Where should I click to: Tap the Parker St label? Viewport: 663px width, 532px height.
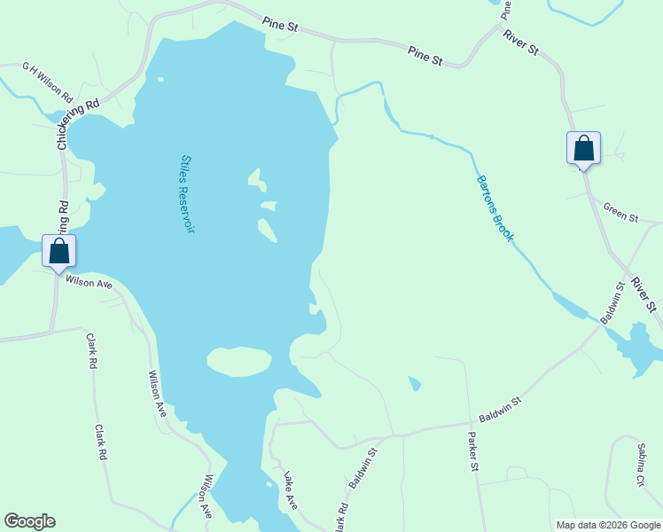pos(473,451)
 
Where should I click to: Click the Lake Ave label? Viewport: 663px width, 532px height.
pos(291,490)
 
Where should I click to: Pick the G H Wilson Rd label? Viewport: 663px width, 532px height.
pos(48,68)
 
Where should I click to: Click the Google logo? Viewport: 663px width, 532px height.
pos(29,521)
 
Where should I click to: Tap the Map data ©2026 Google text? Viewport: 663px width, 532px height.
pos(607,525)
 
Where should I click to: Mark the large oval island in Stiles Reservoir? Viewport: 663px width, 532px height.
pos(239,361)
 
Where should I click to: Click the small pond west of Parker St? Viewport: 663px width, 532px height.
pos(415,384)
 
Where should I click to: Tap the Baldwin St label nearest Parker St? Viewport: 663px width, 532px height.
pos(500,409)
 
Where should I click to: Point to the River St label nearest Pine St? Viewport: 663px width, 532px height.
pos(520,42)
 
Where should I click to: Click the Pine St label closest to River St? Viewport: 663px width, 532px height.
pos(425,57)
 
